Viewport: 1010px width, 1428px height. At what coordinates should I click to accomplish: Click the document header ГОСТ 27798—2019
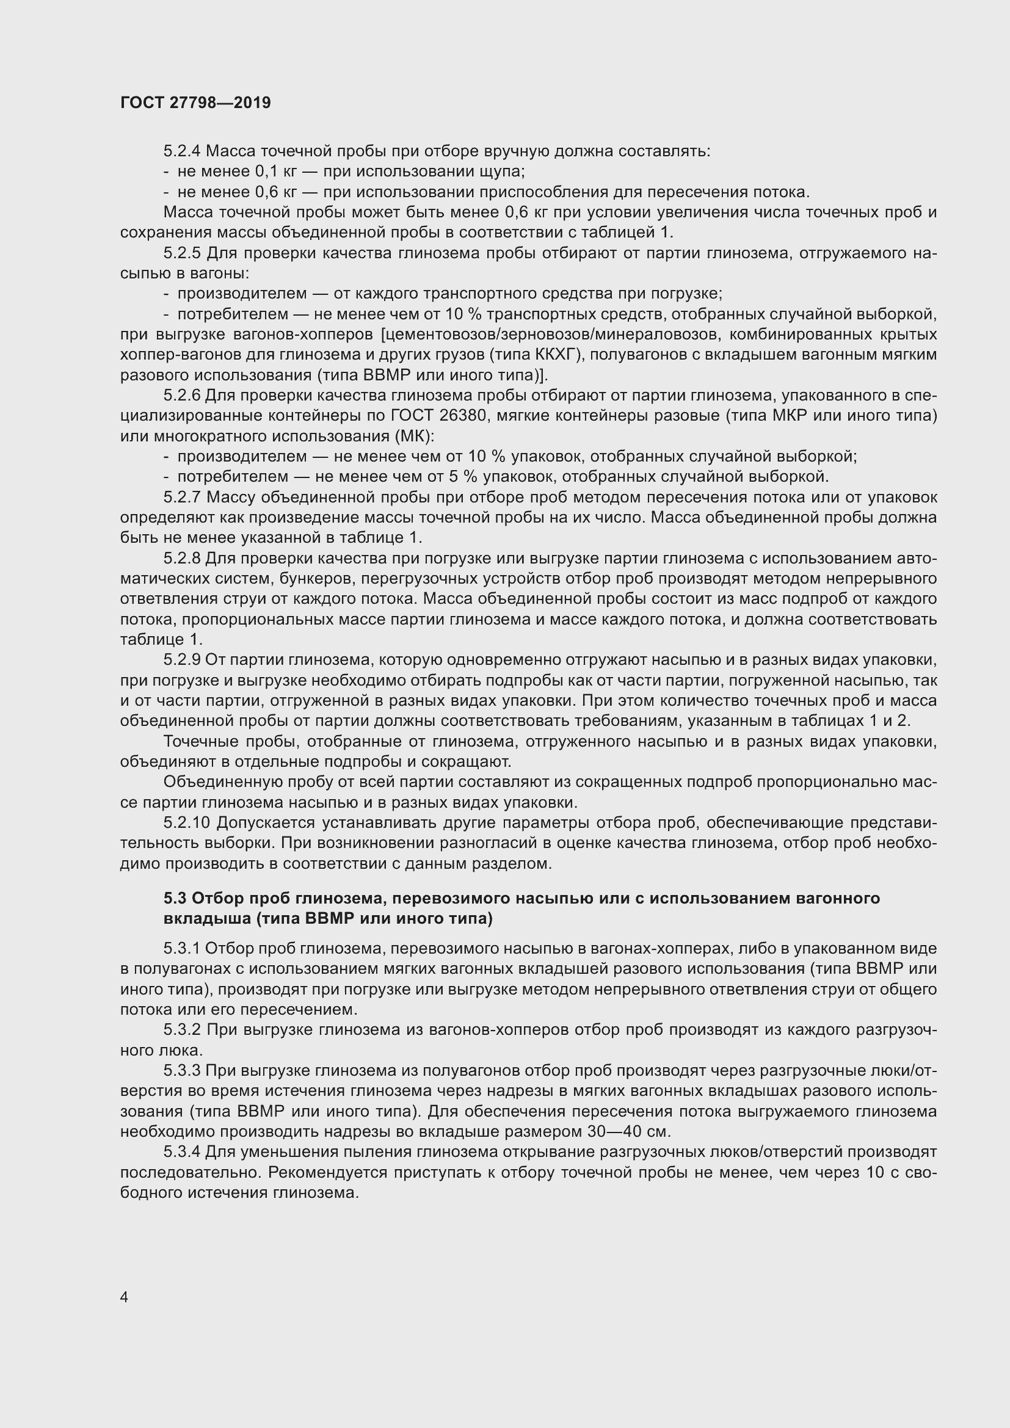tap(195, 103)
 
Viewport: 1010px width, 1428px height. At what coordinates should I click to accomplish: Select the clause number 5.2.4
tap(182, 151)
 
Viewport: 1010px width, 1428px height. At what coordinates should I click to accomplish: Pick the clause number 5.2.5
tap(182, 253)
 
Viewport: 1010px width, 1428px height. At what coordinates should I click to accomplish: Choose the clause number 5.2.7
tap(182, 497)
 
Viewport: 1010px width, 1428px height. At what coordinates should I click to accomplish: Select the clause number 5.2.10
tap(187, 823)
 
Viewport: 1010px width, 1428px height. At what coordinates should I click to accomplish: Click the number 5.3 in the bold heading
tap(175, 898)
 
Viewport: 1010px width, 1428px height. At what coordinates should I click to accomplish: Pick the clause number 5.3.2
tap(182, 1029)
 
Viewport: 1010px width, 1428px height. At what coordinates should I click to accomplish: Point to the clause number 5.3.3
tap(182, 1070)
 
